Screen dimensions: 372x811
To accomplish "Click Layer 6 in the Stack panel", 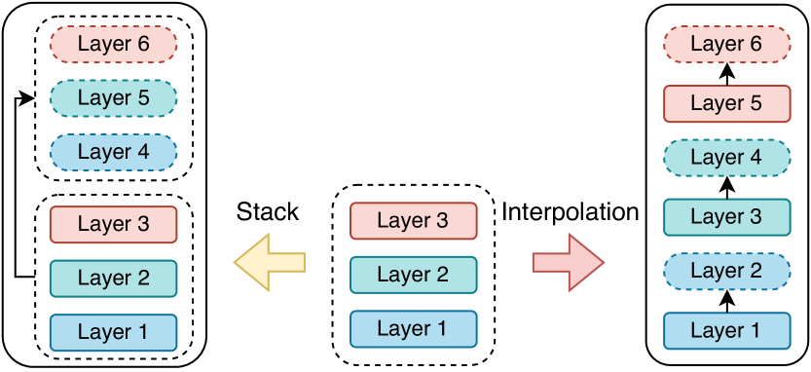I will [x=113, y=44].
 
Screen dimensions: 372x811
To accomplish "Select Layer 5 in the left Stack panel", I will [x=113, y=98].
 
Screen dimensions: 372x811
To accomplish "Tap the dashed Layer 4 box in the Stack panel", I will [x=113, y=152].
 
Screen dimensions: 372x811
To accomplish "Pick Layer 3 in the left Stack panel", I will [x=113, y=224].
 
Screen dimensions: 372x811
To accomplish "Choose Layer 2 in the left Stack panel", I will [x=113, y=278].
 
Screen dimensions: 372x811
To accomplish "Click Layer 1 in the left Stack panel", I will [x=113, y=332].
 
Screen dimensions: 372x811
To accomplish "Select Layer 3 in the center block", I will [x=413, y=221].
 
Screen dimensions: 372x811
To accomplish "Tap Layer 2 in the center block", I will [x=413, y=275].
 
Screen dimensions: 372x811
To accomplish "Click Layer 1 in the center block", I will [x=413, y=328].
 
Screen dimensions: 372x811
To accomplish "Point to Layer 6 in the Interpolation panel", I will [x=726, y=44].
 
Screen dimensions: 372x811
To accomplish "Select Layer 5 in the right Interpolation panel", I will [x=726, y=102].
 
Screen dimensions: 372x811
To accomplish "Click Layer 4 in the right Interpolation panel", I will [x=726, y=158].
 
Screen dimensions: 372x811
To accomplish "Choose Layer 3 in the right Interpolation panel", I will [x=726, y=216].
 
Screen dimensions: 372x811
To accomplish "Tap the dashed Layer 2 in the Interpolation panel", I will [x=726, y=272].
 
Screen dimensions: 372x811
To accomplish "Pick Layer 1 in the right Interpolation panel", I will [x=726, y=330].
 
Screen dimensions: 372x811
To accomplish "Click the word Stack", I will [x=268, y=211].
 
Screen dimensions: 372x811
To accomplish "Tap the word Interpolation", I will [x=571, y=211].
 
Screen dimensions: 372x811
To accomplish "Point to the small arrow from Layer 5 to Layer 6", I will [x=726, y=73].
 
